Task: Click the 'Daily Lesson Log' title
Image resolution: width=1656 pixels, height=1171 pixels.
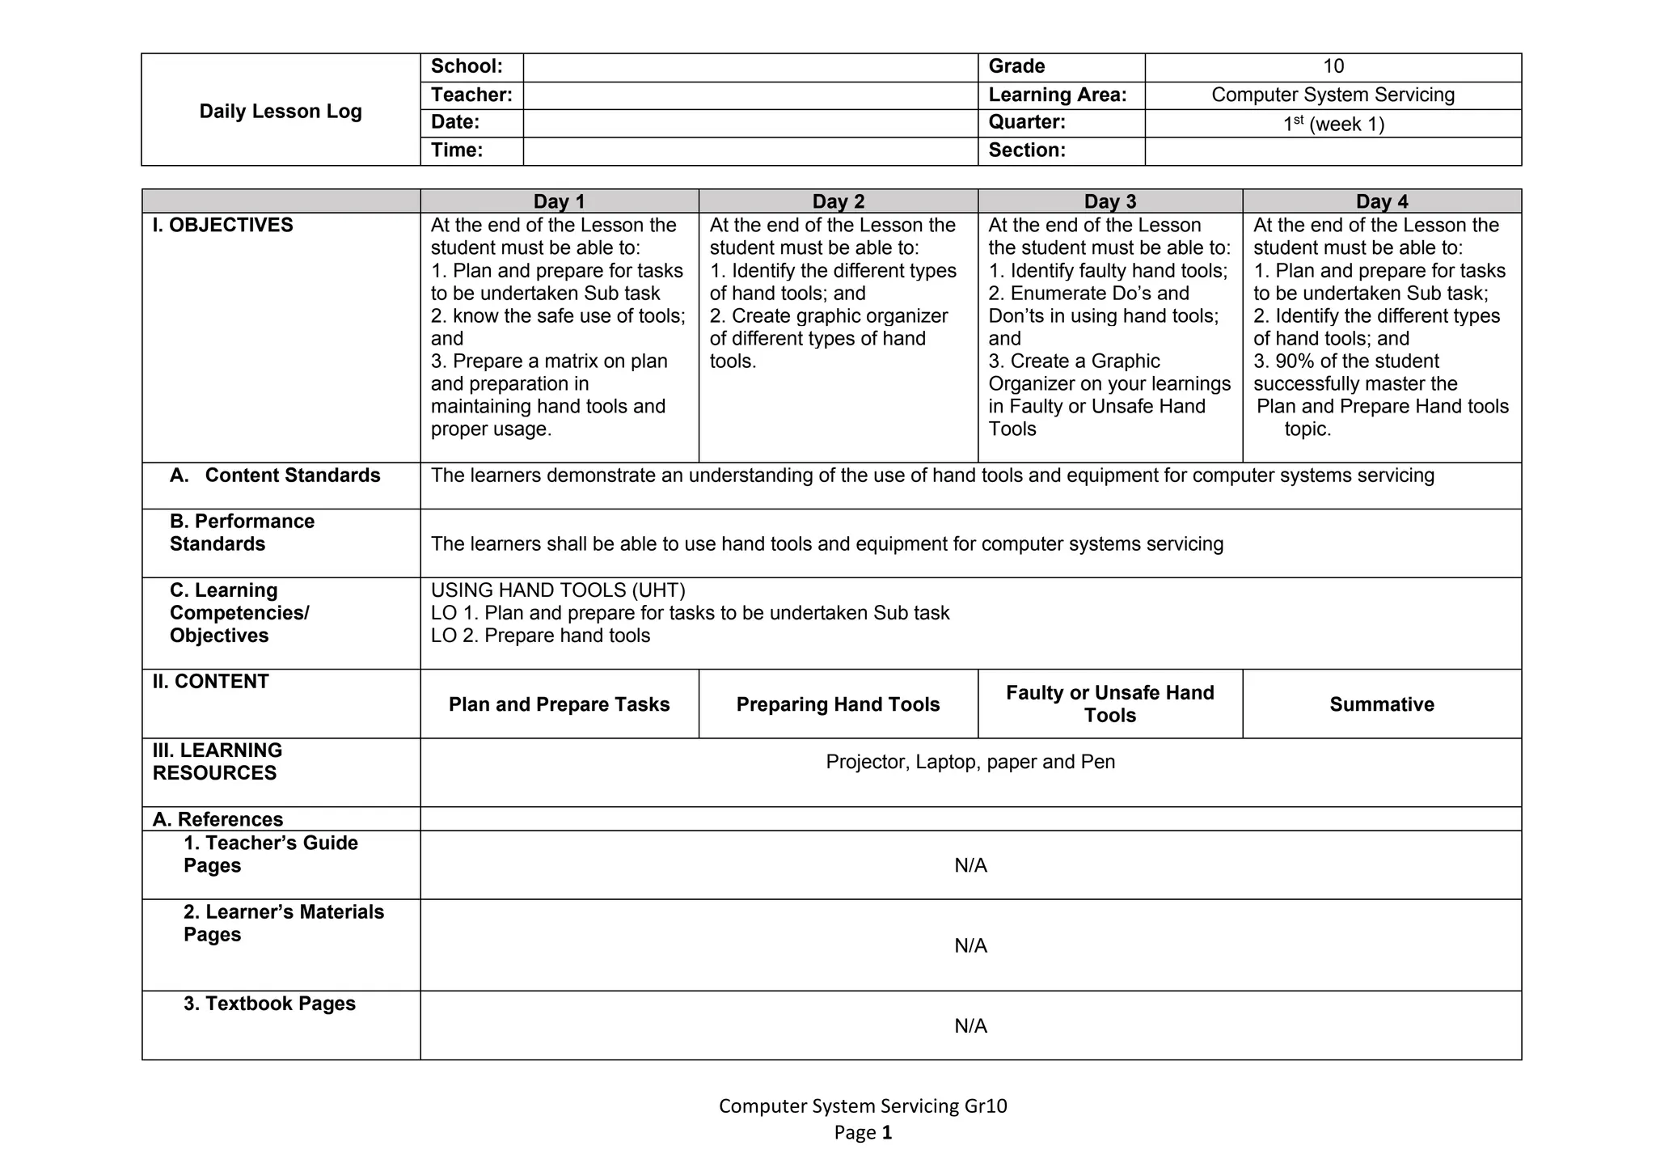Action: (281, 112)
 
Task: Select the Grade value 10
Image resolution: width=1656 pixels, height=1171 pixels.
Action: (1333, 66)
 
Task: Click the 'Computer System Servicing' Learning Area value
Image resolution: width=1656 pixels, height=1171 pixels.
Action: (1333, 95)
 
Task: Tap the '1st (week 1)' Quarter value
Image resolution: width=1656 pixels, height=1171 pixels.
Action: (1333, 124)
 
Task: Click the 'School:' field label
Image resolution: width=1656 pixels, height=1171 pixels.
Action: (467, 66)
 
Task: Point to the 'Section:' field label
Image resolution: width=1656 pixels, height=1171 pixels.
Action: (1026, 150)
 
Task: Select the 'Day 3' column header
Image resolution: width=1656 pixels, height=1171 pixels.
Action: (1109, 201)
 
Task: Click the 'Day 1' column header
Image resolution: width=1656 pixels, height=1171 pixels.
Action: (559, 201)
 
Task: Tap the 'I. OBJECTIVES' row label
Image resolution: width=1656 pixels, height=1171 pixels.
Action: (222, 225)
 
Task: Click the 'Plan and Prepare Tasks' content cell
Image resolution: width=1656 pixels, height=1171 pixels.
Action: (559, 704)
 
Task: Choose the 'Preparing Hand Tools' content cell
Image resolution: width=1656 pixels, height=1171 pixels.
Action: (838, 704)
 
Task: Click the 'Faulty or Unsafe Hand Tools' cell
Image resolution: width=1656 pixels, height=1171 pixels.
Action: (1109, 704)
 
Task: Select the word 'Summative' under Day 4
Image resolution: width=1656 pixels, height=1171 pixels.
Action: (1381, 704)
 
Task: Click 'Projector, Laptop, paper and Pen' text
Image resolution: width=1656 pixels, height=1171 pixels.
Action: (970, 762)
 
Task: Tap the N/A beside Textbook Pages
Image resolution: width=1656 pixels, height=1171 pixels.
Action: (970, 1025)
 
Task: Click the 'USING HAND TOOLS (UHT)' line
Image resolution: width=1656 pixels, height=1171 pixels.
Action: (558, 590)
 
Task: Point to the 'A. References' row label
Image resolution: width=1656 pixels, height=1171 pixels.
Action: (218, 819)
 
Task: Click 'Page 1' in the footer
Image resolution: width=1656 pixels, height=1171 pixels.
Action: (863, 1132)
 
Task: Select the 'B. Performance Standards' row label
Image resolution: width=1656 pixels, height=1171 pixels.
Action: (242, 532)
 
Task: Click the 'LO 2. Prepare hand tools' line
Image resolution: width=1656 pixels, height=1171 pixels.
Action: (540, 636)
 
